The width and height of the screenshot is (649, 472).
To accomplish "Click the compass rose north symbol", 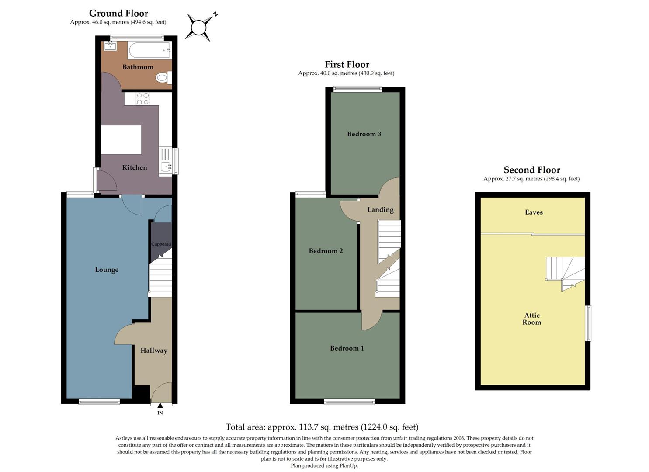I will [x=199, y=28].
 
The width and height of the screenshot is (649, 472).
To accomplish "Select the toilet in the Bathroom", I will [x=163, y=78].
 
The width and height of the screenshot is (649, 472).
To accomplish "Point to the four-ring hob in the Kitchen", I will [x=143, y=99].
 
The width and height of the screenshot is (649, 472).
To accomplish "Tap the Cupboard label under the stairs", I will [x=161, y=244].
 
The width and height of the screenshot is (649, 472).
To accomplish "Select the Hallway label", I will [x=153, y=351].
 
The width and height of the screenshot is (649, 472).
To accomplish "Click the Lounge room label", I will [x=107, y=270].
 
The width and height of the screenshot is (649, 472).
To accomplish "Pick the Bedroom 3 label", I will [x=364, y=134].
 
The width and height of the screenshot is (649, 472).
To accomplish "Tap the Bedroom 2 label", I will [x=326, y=251].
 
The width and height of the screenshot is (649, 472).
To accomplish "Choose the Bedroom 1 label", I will [x=347, y=348].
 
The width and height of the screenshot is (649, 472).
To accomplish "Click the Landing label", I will [x=380, y=210].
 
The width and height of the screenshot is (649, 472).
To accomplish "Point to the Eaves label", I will [x=534, y=212].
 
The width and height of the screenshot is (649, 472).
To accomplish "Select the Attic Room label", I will [x=532, y=319].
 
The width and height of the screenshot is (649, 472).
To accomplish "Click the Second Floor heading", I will [x=531, y=170].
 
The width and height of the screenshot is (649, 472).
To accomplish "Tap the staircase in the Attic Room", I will [x=565, y=272].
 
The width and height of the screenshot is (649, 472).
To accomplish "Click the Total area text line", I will [x=322, y=427].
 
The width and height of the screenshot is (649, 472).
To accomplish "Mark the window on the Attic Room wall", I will [x=588, y=323].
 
